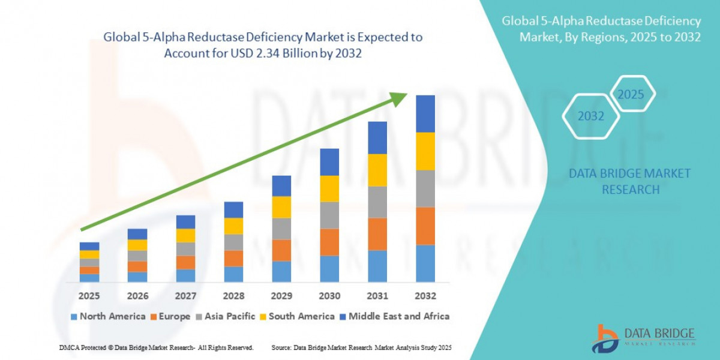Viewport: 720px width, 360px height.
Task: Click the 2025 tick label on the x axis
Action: pos(89,296)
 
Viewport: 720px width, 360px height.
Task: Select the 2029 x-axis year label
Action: pos(281,296)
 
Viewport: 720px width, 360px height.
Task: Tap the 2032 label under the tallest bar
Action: pos(425,296)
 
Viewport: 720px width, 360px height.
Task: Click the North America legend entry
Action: pos(108,316)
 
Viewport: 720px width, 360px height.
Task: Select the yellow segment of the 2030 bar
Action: pos(329,188)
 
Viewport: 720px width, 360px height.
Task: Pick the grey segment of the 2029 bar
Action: pos(281,229)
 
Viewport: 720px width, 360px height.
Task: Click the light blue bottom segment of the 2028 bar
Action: pos(233,274)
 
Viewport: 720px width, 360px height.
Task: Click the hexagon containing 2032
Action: pos(590,116)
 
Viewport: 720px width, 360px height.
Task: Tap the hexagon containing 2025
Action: pos(631,95)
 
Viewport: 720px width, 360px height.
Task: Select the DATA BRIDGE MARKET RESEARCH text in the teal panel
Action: pos(629,181)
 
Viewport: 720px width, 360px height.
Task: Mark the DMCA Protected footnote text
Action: pos(156,348)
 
